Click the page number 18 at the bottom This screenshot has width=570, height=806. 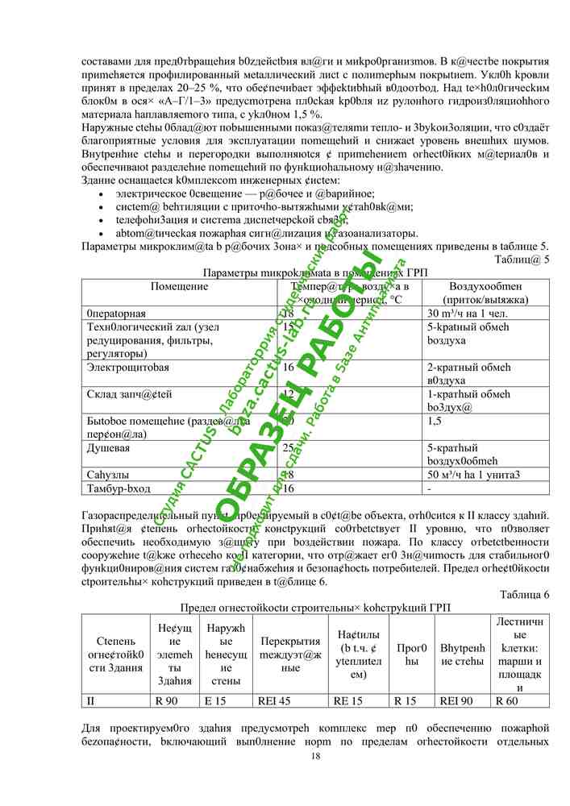(316, 755)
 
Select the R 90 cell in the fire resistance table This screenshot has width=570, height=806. (167, 701)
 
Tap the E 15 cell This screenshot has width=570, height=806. (214, 701)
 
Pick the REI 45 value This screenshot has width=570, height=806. (273, 701)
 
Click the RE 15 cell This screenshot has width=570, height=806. (347, 701)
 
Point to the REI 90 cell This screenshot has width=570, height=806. (456, 701)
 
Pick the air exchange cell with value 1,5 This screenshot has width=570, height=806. (435, 421)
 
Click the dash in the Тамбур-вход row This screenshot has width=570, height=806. (429, 488)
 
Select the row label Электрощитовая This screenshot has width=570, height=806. (127, 367)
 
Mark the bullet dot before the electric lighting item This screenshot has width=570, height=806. (98, 194)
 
